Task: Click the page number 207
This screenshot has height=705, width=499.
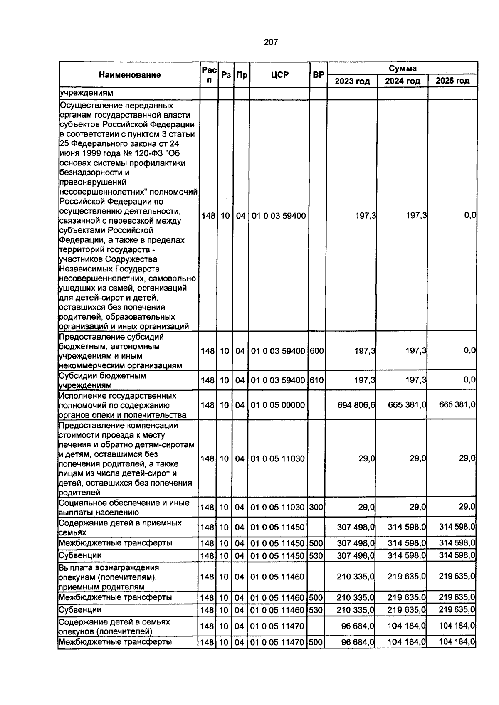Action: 271,42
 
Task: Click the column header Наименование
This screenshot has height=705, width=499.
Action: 130,75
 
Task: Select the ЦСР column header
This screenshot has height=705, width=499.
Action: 279,75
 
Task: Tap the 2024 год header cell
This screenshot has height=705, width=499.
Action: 403,81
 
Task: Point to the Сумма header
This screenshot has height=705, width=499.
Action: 403,68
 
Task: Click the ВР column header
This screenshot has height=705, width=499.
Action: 319,75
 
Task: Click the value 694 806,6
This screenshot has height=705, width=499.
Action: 356,405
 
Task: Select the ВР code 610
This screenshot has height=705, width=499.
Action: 316,380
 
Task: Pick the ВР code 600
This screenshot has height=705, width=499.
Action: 316,351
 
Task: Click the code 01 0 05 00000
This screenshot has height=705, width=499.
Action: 278,405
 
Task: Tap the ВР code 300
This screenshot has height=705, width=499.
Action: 316,508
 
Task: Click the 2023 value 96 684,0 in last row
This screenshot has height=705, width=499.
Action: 358,642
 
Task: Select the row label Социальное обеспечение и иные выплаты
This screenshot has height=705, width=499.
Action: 124,508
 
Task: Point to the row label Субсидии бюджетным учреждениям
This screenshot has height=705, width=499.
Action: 102,380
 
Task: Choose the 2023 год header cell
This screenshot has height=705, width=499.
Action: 352,81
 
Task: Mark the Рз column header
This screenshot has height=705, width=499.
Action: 226,75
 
